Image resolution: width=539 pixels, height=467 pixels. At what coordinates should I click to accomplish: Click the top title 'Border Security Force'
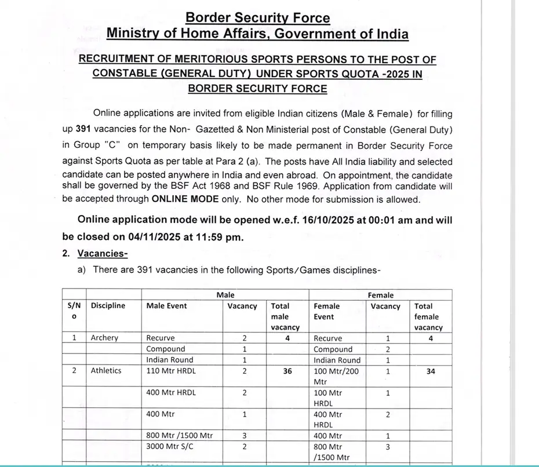click(x=257, y=18)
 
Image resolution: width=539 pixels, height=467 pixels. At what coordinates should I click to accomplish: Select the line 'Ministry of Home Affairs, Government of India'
click(x=257, y=34)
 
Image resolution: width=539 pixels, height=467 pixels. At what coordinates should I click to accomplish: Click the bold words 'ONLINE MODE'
click(x=185, y=199)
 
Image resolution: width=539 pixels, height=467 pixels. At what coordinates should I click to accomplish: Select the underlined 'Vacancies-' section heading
click(x=103, y=253)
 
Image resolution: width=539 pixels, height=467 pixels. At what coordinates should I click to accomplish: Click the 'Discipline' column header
click(x=108, y=306)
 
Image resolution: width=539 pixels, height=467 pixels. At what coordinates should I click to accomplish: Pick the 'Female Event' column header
click(x=326, y=311)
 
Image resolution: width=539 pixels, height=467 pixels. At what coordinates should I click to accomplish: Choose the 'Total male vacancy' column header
click(x=285, y=316)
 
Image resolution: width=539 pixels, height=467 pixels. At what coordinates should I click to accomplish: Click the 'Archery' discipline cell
click(x=104, y=338)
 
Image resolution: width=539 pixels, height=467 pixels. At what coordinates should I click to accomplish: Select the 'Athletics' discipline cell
click(x=106, y=371)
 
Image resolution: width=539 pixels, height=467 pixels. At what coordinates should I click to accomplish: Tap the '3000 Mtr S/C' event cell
click(x=170, y=447)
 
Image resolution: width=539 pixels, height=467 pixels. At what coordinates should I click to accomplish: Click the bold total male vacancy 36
click(x=287, y=371)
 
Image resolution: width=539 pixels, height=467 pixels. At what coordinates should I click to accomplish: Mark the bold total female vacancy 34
click(x=431, y=371)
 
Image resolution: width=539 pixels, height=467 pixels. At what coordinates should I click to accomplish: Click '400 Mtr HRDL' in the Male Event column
click(x=171, y=393)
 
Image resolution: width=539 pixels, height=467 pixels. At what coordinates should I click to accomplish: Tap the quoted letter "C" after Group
click(x=111, y=146)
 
